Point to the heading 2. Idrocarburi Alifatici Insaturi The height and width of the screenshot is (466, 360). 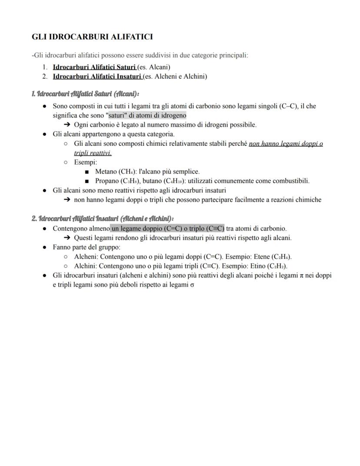pos(102,218)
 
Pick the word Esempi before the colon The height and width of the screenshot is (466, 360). pos(84,162)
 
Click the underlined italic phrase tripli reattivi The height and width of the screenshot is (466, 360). pos(93,153)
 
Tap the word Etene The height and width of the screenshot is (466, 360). pos(261,257)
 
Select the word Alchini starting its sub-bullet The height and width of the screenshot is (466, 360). pos(85,266)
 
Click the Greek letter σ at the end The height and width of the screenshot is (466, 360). pos(192,285)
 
